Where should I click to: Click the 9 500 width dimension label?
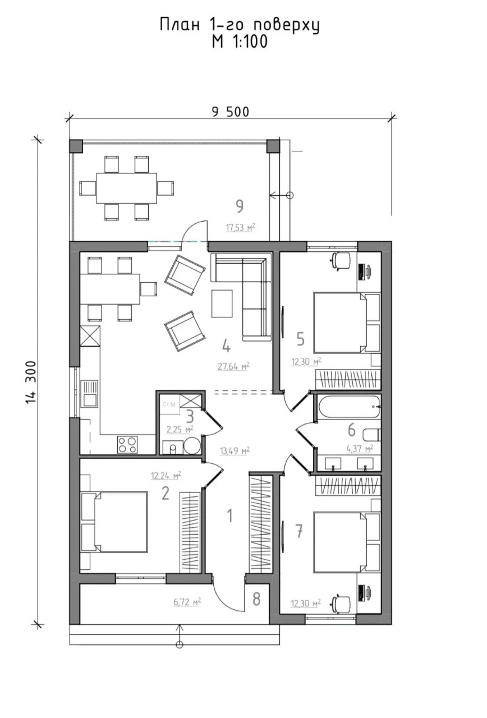pyautogui.click(x=230, y=112)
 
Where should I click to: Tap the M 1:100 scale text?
pyautogui.click(x=240, y=42)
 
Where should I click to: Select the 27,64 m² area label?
pyautogui.click(x=234, y=366)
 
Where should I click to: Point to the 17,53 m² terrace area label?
pyautogui.click(x=241, y=228)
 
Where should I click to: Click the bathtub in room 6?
pyautogui.click(x=349, y=407)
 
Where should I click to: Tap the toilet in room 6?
pyautogui.click(x=372, y=435)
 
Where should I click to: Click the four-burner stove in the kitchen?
pyautogui.click(x=127, y=445)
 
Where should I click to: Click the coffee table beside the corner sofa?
pyautogui.click(x=222, y=303)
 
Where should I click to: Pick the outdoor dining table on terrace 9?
pyautogui.click(x=127, y=188)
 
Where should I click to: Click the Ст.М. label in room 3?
pyautogui.click(x=169, y=404)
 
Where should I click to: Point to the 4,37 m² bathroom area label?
pyautogui.click(x=360, y=448)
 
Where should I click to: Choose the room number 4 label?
pyautogui.click(x=226, y=347)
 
